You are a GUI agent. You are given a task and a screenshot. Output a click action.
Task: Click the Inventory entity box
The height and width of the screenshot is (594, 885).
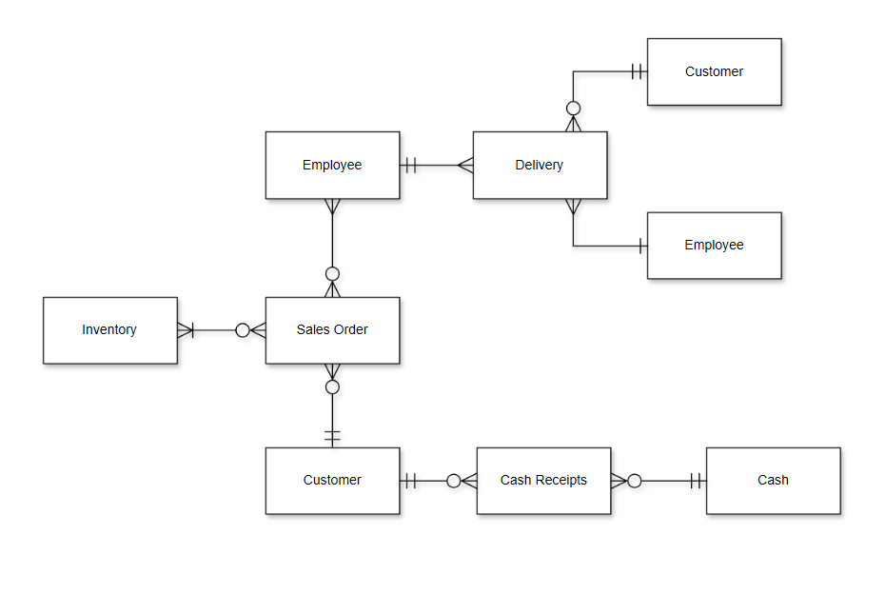coord(109,330)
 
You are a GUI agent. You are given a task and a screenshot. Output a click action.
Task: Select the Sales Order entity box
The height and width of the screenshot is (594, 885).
coord(332,330)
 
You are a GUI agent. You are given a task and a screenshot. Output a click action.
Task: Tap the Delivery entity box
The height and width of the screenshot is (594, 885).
coord(540,166)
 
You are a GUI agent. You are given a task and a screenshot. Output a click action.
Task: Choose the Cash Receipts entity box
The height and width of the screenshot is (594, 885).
coord(543,481)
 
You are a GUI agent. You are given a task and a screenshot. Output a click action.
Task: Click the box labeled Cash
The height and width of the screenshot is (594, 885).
coord(773,481)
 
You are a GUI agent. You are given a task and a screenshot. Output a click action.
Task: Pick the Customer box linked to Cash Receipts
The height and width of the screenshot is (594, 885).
coord(332,481)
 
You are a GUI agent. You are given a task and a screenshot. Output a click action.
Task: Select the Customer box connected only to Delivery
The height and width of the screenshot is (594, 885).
coord(714,71)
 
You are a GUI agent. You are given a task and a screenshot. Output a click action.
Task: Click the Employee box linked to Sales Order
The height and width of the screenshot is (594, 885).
coord(332,166)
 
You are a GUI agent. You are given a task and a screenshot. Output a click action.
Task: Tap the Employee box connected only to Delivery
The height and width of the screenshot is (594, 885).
coord(714,246)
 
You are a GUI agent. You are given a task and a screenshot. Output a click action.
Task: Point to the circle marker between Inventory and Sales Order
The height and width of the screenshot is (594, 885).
coord(243,330)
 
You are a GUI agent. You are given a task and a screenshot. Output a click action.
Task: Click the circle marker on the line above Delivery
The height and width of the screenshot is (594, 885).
coord(573,108)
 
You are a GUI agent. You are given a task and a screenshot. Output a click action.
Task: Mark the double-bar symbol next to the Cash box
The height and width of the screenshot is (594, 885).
coord(698,481)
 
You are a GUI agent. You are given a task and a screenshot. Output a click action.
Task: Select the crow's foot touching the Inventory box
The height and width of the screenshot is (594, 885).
coord(186,330)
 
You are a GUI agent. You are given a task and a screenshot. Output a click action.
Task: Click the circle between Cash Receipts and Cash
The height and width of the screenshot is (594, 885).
coord(635,481)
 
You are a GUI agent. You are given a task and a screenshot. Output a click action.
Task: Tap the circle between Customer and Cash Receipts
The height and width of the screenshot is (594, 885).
coord(454,481)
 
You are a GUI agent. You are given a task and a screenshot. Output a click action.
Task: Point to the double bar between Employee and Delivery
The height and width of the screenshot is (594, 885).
coord(410,166)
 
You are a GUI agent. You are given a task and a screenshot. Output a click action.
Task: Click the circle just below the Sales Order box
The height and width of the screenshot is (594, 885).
coord(332,387)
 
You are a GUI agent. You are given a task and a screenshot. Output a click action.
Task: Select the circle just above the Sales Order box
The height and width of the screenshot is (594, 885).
coord(332,274)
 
